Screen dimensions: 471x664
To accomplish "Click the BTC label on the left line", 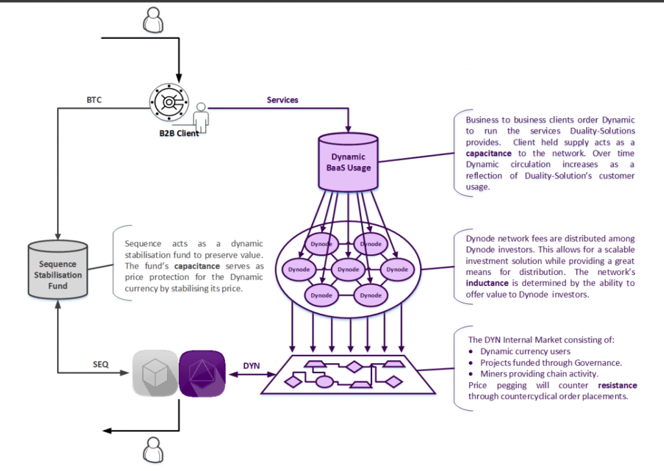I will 94,101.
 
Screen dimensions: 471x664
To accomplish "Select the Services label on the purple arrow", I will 282,100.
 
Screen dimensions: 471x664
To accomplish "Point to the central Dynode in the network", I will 348,269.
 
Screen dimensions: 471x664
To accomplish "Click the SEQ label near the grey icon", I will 101,365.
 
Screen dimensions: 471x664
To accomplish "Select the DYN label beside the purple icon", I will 252,366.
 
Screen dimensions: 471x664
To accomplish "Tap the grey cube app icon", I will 155,373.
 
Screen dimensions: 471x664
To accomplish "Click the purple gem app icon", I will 202,373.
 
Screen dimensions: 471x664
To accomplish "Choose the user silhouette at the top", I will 153,20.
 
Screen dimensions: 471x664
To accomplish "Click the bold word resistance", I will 617,385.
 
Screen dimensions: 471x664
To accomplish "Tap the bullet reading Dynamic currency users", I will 516,352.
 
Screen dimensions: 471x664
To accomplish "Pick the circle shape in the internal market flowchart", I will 324,381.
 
